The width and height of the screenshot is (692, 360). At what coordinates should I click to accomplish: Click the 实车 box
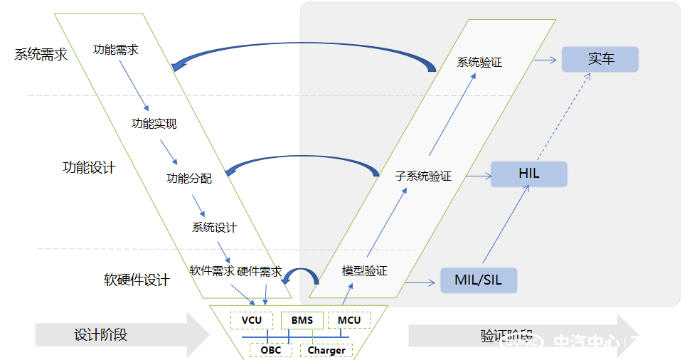[x=600, y=60]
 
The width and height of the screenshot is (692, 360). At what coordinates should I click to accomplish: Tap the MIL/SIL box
[x=477, y=280]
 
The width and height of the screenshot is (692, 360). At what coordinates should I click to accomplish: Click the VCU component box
[x=252, y=320]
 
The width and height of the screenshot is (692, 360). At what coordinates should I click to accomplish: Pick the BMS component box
[x=302, y=320]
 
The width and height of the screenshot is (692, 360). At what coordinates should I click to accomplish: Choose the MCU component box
[x=349, y=320]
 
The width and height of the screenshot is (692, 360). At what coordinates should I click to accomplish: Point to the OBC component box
[x=270, y=350]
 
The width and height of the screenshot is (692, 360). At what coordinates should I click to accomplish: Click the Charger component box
[x=326, y=350]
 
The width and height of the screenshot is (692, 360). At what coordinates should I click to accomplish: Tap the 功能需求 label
[x=116, y=50]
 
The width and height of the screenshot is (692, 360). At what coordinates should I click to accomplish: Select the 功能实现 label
[x=154, y=123]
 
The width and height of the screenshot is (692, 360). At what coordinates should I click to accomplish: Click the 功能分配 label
[x=188, y=178]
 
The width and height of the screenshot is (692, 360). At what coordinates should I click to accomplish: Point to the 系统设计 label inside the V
[x=214, y=228]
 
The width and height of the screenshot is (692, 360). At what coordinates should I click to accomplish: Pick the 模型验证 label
[x=364, y=271]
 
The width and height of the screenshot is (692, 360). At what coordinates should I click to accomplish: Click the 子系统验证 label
[x=422, y=176]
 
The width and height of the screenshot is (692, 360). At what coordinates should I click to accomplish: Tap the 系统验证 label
[x=479, y=63]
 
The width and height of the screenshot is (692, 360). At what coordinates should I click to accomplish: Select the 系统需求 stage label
[x=41, y=55]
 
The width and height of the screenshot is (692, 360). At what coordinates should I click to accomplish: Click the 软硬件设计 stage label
[x=137, y=280]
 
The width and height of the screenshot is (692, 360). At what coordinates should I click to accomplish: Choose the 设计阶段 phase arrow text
[x=100, y=334]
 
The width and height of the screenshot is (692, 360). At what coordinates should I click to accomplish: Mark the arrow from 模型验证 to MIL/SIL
[x=420, y=283]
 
